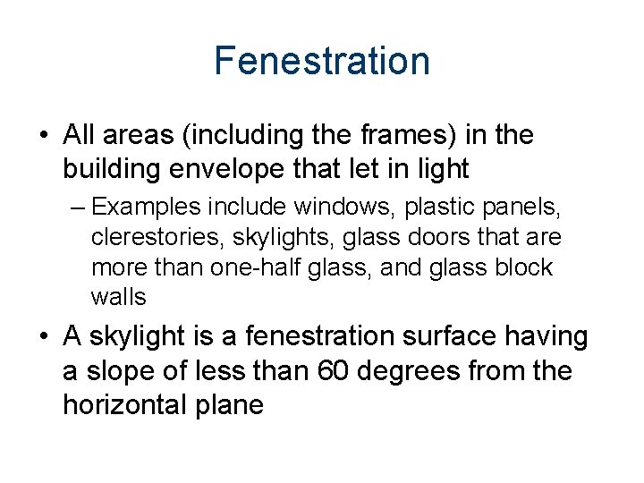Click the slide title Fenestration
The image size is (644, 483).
click(322, 61)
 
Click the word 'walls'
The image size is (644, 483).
click(118, 296)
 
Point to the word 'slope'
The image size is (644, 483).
click(130, 371)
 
